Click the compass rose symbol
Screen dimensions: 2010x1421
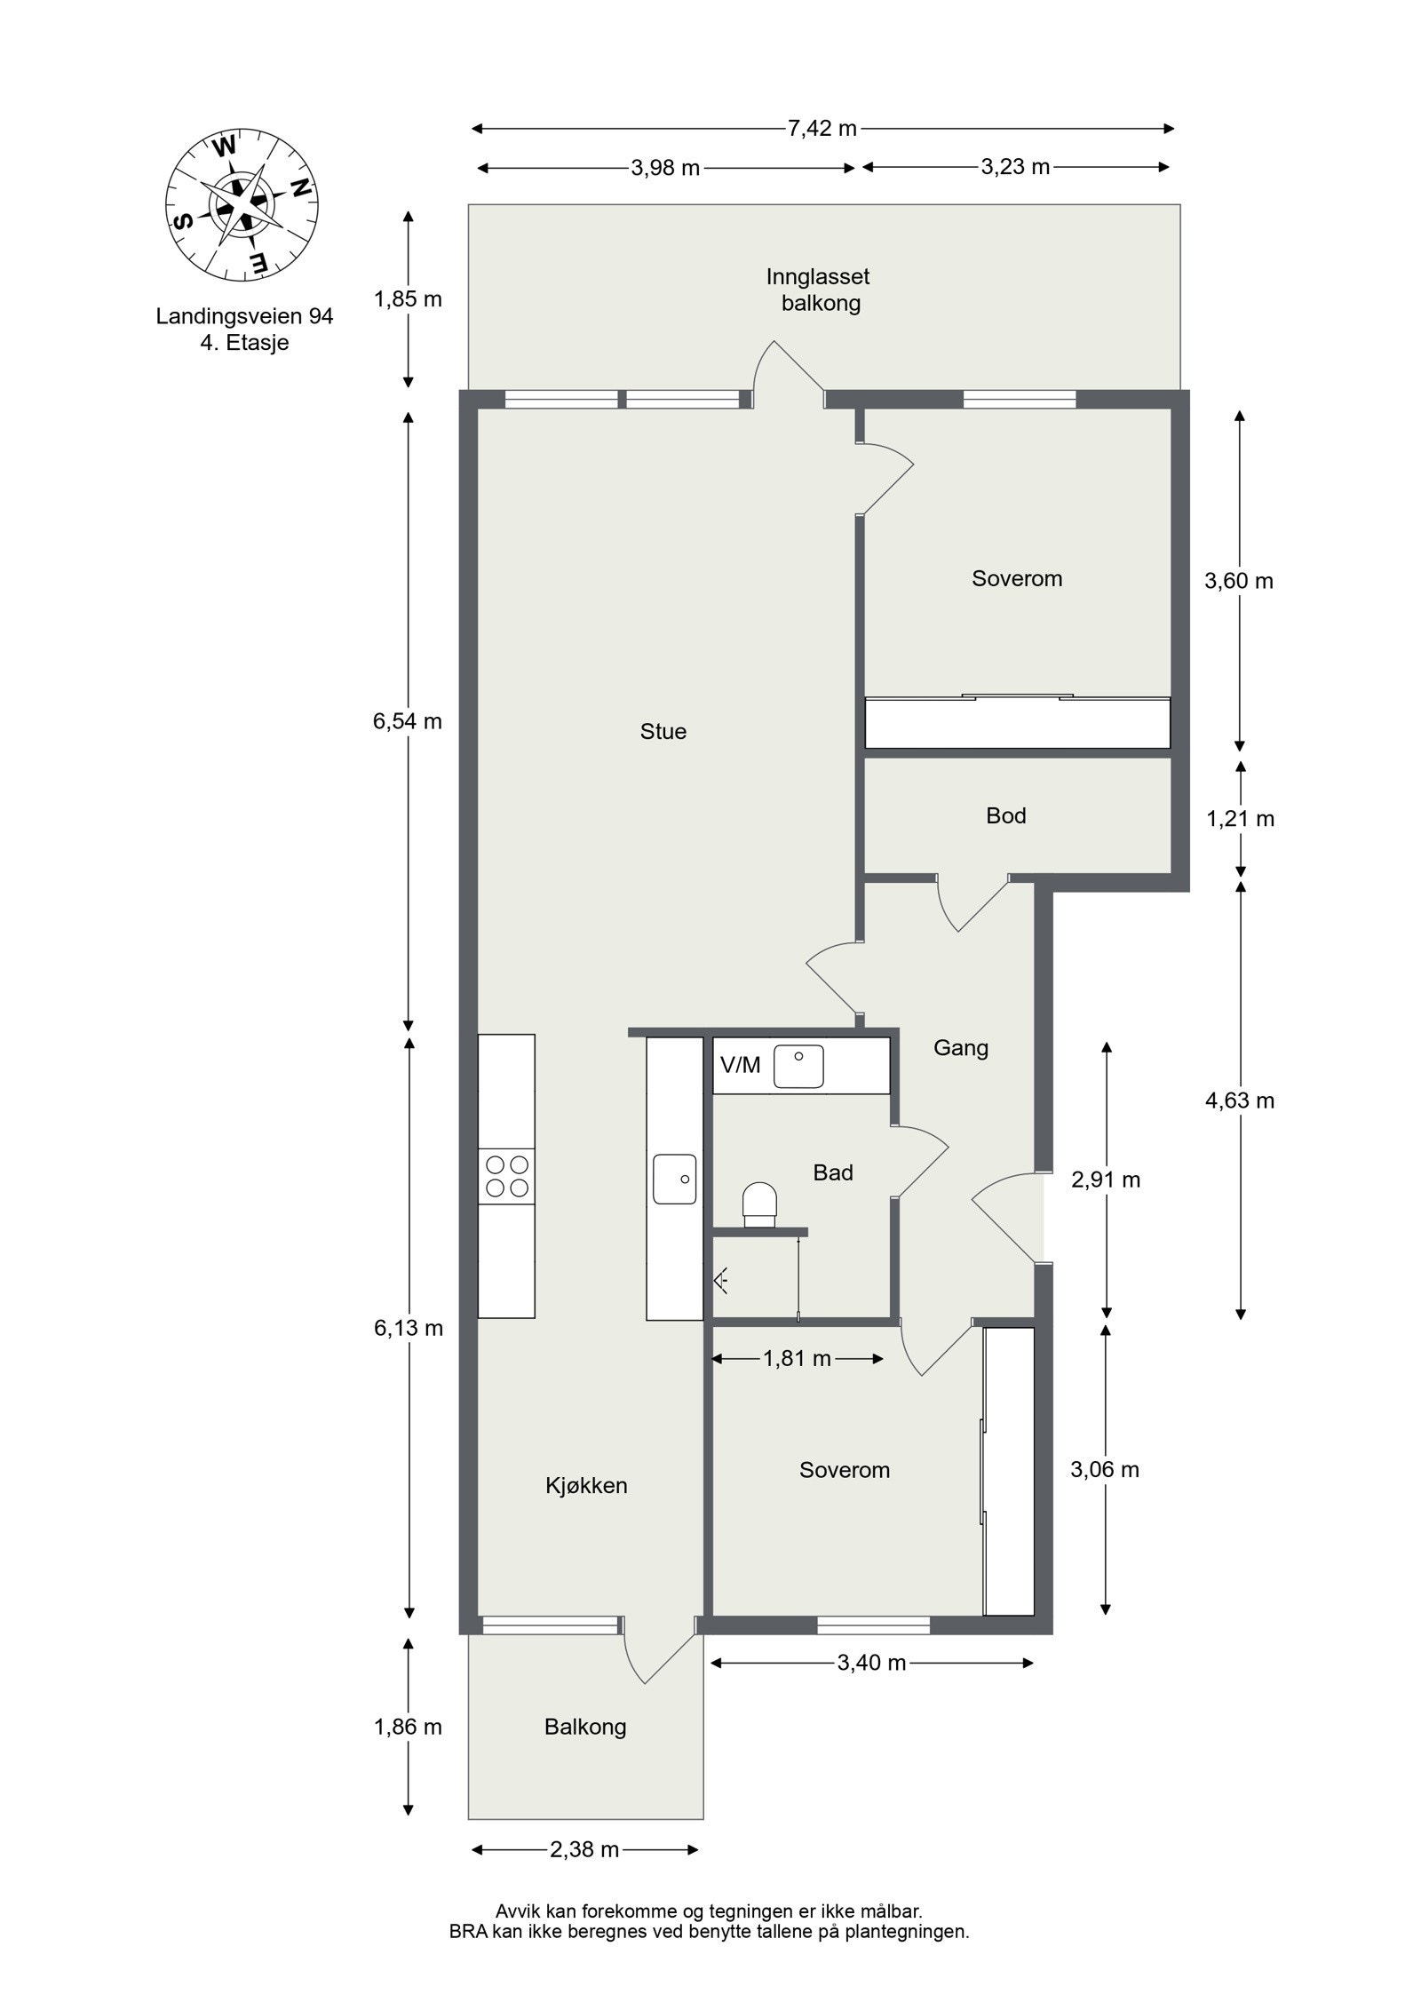[242, 205]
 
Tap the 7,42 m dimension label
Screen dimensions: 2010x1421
[822, 129]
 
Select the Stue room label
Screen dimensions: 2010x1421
[663, 731]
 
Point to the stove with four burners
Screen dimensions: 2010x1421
[506, 1176]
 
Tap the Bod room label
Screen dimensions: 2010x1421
[1005, 815]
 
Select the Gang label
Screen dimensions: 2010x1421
[960, 1047]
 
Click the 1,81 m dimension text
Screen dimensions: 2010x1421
[797, 1358]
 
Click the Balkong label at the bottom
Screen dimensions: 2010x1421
[585, 1727]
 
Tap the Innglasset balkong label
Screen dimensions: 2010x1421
[819, 290]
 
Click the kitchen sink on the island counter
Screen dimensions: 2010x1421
[675, 1179]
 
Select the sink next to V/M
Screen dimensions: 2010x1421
[798, 1066]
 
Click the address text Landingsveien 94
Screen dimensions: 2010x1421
[244, 316]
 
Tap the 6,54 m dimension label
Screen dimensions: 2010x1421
[408, 721]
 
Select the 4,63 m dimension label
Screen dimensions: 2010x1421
[1239, 1100]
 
